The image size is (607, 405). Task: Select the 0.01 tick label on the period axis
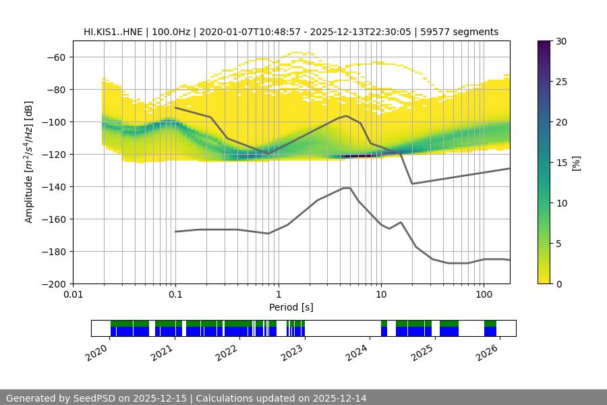pyautogui.click(x=73, y=295)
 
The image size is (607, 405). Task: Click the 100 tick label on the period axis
pyautogui.click(x=483, y=295)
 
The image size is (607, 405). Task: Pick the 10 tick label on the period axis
pyautogui.click(x=380, y=295)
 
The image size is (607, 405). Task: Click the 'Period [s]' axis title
pyautogui.click(x=291, y=307)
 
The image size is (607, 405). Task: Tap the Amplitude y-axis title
pyautogui.click(x=29, y=162)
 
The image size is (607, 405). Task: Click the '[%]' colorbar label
pyautogui.click(x=575, y=163)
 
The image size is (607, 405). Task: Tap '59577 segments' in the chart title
pyautogui.click(x=465, y=32)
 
